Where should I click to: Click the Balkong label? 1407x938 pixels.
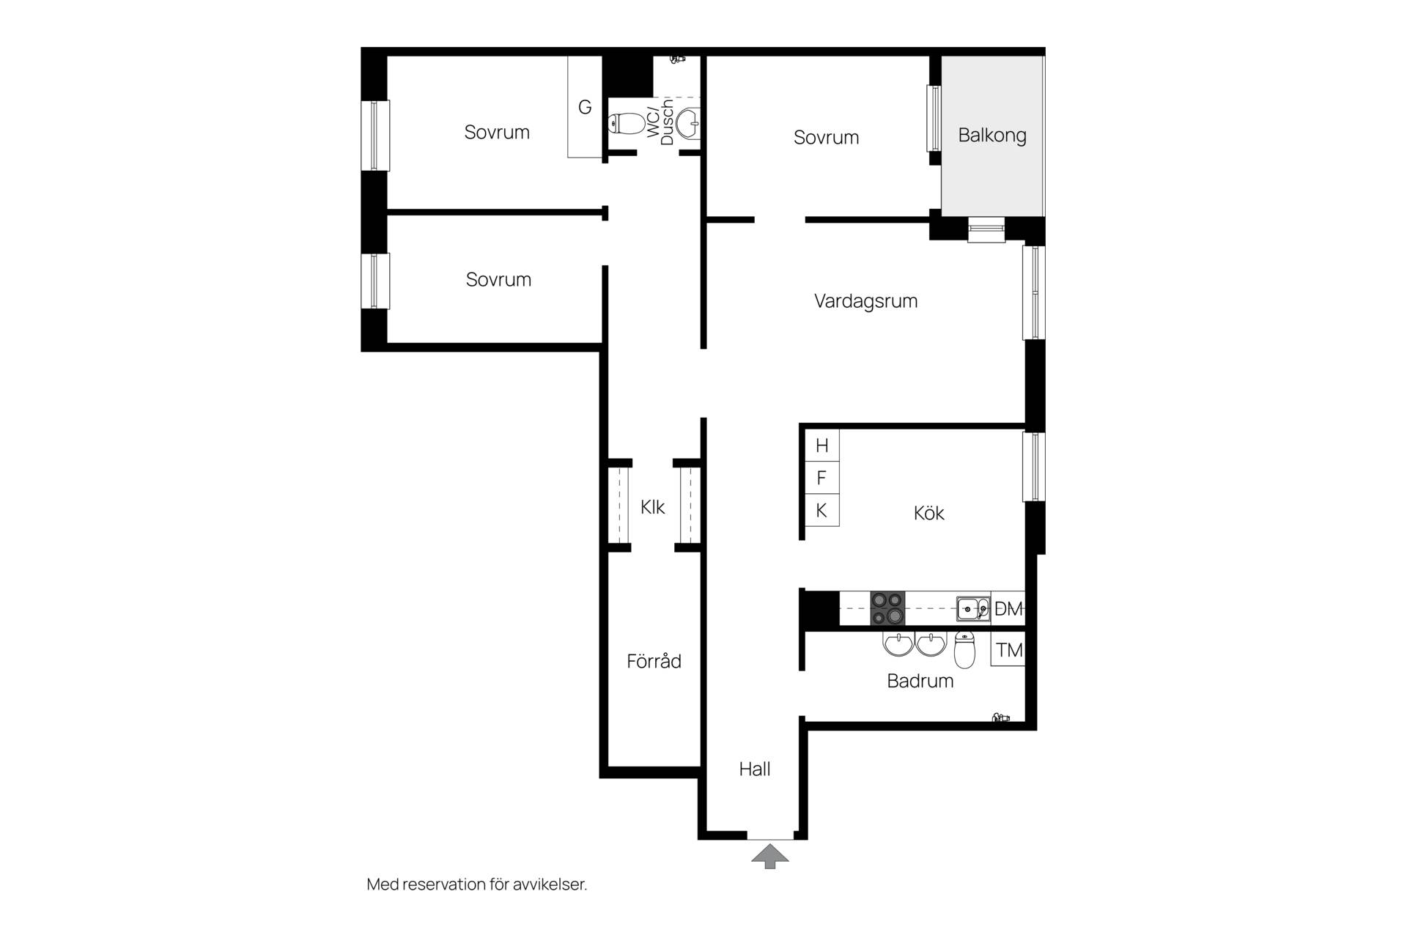click(992, 136)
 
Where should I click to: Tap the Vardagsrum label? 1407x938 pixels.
click(865, 300)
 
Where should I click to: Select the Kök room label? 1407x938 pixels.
click(928, 513)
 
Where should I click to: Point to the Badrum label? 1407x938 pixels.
click(920, 681)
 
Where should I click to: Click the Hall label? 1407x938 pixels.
click(755, 769)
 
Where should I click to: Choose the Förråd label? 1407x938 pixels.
click(654, 661)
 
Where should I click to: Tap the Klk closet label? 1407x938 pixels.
click(652, 507)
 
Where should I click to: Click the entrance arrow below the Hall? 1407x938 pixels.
click(769, 857)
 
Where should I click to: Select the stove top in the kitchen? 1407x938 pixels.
click(887, 608)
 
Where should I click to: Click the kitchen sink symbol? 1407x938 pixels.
click(973, 608)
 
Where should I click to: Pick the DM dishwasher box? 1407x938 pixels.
click(1008, 608)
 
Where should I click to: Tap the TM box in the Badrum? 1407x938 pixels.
click(1008, 650)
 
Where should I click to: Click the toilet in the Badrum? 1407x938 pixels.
click(965, 649)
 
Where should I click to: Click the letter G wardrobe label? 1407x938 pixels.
click(585, 107)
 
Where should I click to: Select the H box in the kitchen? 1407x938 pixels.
click(822, 445)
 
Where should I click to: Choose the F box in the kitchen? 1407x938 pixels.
click(822, 478)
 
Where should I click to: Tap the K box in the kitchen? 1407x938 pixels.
click(822, 510)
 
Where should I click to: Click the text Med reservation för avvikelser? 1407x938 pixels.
click(477, 885)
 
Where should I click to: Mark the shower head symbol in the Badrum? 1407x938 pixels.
click(1000, 717)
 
